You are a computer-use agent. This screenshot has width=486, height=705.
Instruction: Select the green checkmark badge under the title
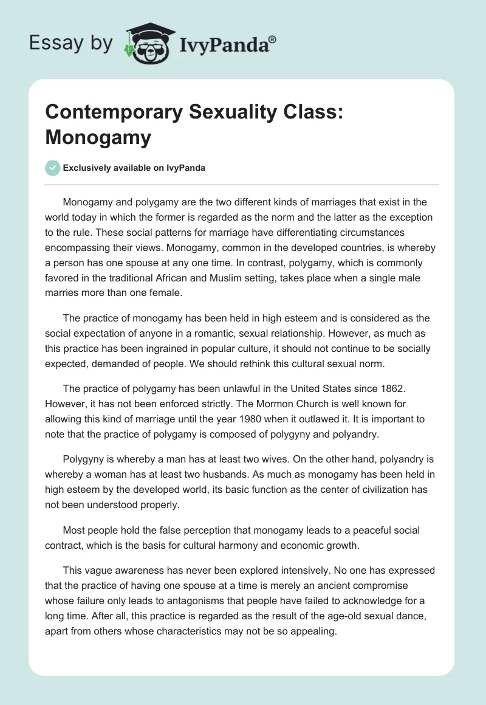coord(53,168)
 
